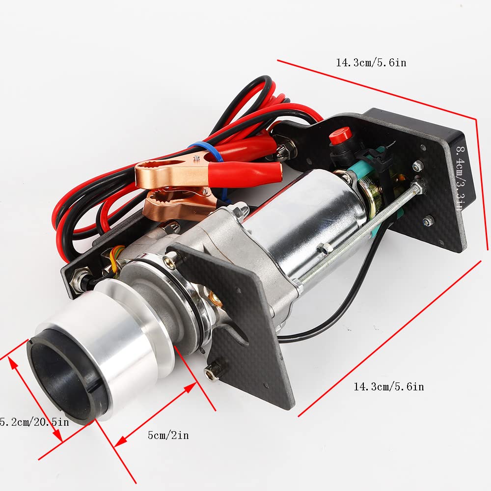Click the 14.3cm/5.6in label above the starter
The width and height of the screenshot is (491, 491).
pyautogui.click(x=371, y=63)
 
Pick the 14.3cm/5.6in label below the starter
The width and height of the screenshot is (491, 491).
pyautogui.click(x=388, y=387)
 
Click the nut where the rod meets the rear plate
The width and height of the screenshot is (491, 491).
pyautogui.click(x=418, y=186)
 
